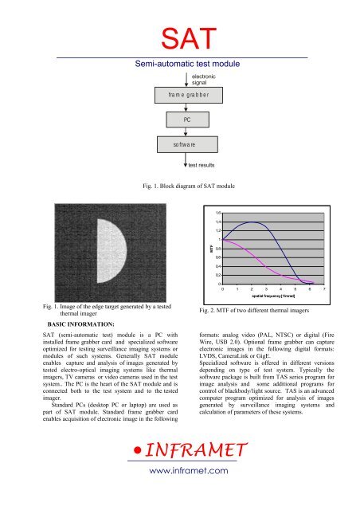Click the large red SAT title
(180, 35)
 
